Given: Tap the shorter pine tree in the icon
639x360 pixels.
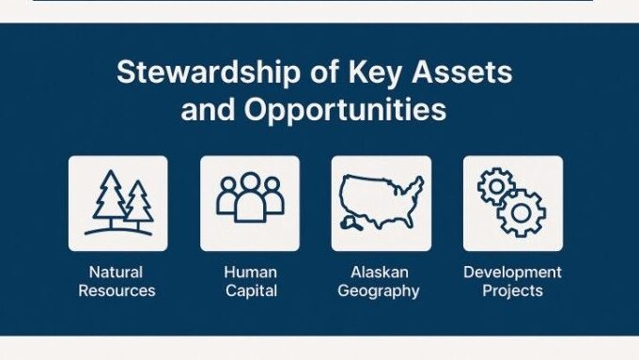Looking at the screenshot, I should pos(138,204).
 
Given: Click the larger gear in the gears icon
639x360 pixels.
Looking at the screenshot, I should pos(522,213).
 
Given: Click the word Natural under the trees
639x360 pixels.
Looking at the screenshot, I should pos(117,272).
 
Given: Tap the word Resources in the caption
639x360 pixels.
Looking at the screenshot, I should pos(117,290).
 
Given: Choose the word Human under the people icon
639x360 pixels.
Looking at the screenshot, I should pos(249,272).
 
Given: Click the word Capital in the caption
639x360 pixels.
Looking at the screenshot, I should pos(249,290).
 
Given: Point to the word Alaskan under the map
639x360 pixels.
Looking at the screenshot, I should pos(381,272).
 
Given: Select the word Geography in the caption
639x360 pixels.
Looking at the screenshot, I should pos(381,290).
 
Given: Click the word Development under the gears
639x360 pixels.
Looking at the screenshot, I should pos(512,272).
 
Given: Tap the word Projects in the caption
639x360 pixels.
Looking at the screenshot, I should pos(512,290).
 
